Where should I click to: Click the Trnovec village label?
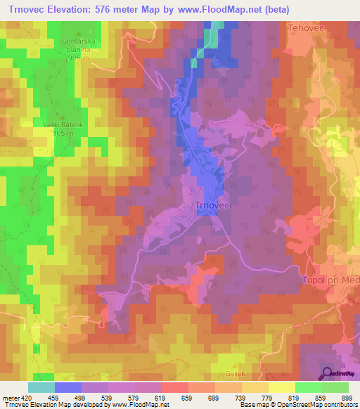(x=212, y=204)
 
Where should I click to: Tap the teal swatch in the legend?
(x=41, y=387)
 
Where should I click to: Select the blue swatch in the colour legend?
(x=67, y=387)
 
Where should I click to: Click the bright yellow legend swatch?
(x=281, y=387)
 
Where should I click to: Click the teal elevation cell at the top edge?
(x=217, y=25)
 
